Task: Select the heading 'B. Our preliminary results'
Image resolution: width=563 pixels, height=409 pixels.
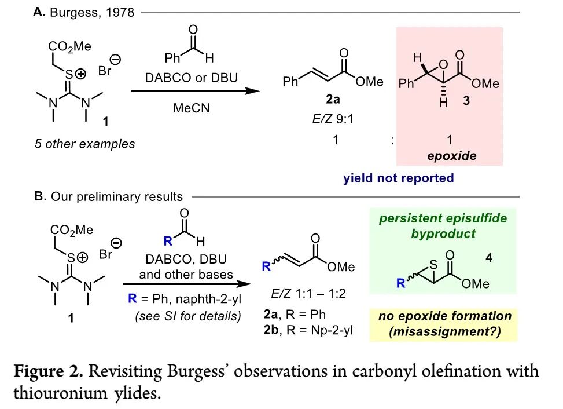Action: pyautogui.click(x=108, y=196)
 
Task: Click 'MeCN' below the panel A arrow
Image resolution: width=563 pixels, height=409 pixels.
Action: pyautogui.click(x=192, y=108)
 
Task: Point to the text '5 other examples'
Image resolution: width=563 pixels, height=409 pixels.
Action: pyautogui.click(x=84, y=144)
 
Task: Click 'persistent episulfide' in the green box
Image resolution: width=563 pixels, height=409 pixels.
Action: pyautogui.click(x=443, y=220)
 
